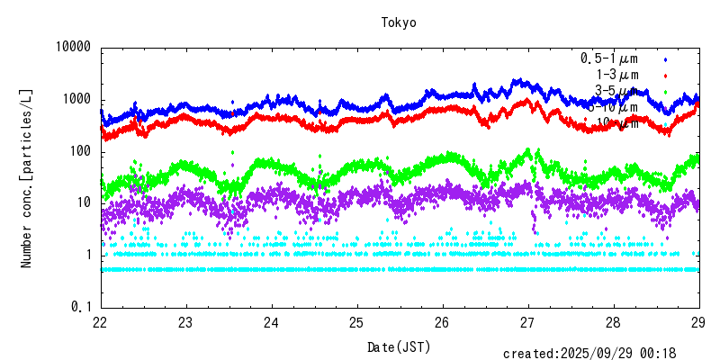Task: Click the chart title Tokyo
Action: (x=399, y=22)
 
